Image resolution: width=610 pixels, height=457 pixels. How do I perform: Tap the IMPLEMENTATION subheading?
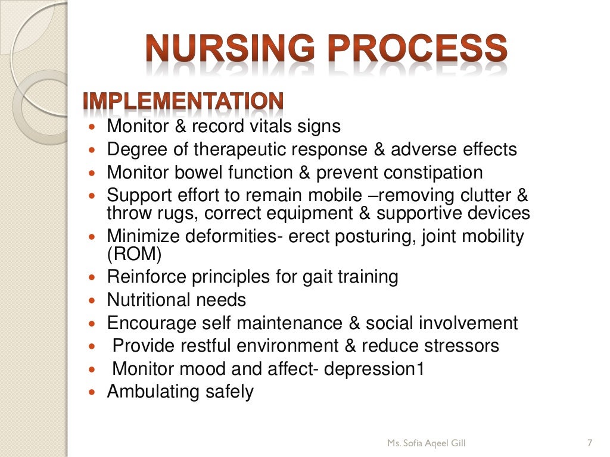(183, 102)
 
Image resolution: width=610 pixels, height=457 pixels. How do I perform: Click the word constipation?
(433, 173)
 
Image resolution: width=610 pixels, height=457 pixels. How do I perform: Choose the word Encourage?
(151, 323)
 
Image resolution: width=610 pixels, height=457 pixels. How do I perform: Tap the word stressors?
(459, 346)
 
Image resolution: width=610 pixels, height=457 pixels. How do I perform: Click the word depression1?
(375, 369)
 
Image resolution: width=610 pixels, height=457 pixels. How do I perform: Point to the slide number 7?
(589, 443)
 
